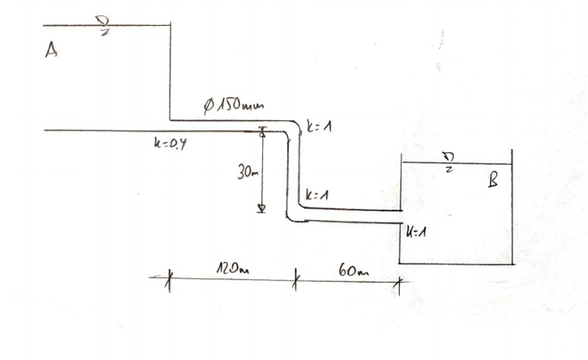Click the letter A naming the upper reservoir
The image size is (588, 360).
click(x=52, y=52)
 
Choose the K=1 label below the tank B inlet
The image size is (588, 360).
click(x=416, y=232)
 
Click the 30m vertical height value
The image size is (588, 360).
click(x=248, y=173)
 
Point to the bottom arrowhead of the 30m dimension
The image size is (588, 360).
click(x=263, y=209)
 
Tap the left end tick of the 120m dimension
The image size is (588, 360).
click(x=168, y=278)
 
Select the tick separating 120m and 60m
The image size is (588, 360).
click(x=295, y=278)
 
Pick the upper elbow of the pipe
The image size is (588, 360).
click(x=294, y=128)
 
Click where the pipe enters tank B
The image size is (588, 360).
click(x=401, y=216)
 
